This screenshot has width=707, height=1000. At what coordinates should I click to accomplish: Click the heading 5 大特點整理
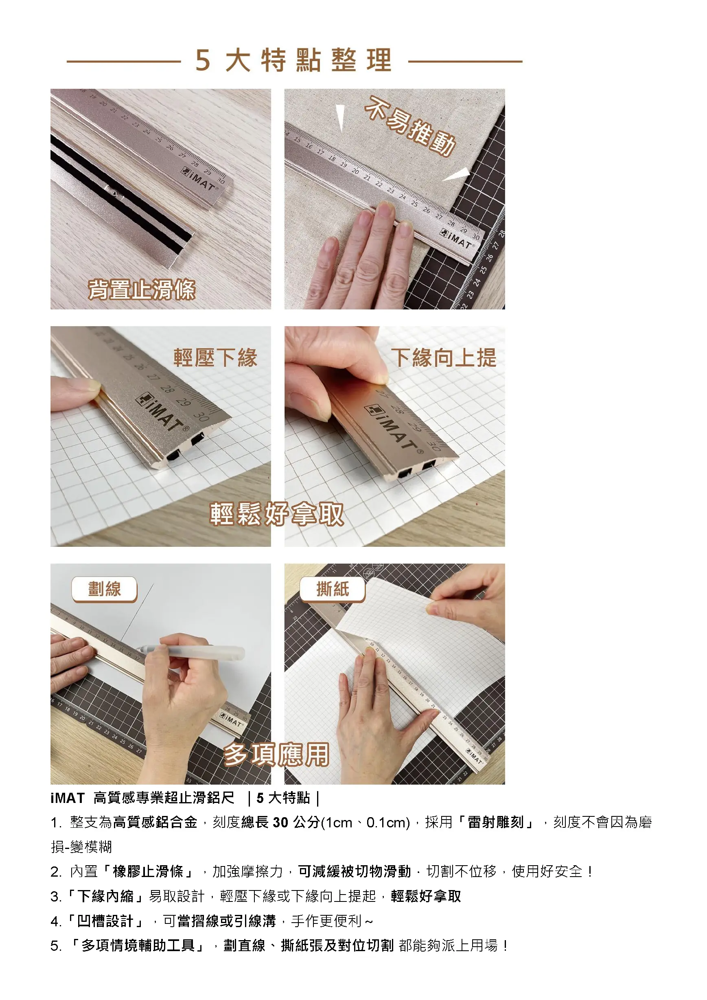[293, 60]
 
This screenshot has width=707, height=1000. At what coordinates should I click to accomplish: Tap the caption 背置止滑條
[142, 289]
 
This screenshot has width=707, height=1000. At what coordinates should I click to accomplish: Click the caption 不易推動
[410, 126]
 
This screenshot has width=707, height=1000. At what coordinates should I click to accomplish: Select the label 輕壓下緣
[215, 357]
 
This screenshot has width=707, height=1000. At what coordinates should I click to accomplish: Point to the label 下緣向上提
[444, 357]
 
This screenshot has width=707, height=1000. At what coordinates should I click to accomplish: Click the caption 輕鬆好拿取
[277, 514]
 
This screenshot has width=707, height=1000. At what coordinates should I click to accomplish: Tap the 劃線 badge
[105, 589]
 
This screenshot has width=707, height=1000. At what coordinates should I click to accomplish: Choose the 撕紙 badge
[333, 589]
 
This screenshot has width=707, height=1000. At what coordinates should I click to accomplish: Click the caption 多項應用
[276, 755]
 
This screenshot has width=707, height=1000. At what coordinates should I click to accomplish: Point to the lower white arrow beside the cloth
[456, 175]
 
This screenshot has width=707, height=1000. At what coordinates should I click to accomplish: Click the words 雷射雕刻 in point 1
[495, 822]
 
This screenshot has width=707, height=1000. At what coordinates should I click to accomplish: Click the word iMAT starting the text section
[68, 798]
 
